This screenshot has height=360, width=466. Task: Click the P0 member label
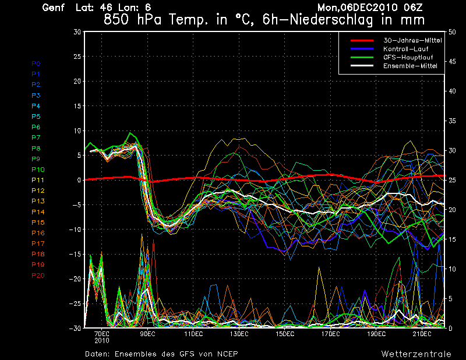36,63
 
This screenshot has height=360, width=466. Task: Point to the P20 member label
38,275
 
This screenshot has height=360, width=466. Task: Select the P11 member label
37,180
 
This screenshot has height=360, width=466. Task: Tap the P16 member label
38,233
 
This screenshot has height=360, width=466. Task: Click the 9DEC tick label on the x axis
147,334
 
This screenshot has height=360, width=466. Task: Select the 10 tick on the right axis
453,269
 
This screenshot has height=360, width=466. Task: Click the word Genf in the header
54,8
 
